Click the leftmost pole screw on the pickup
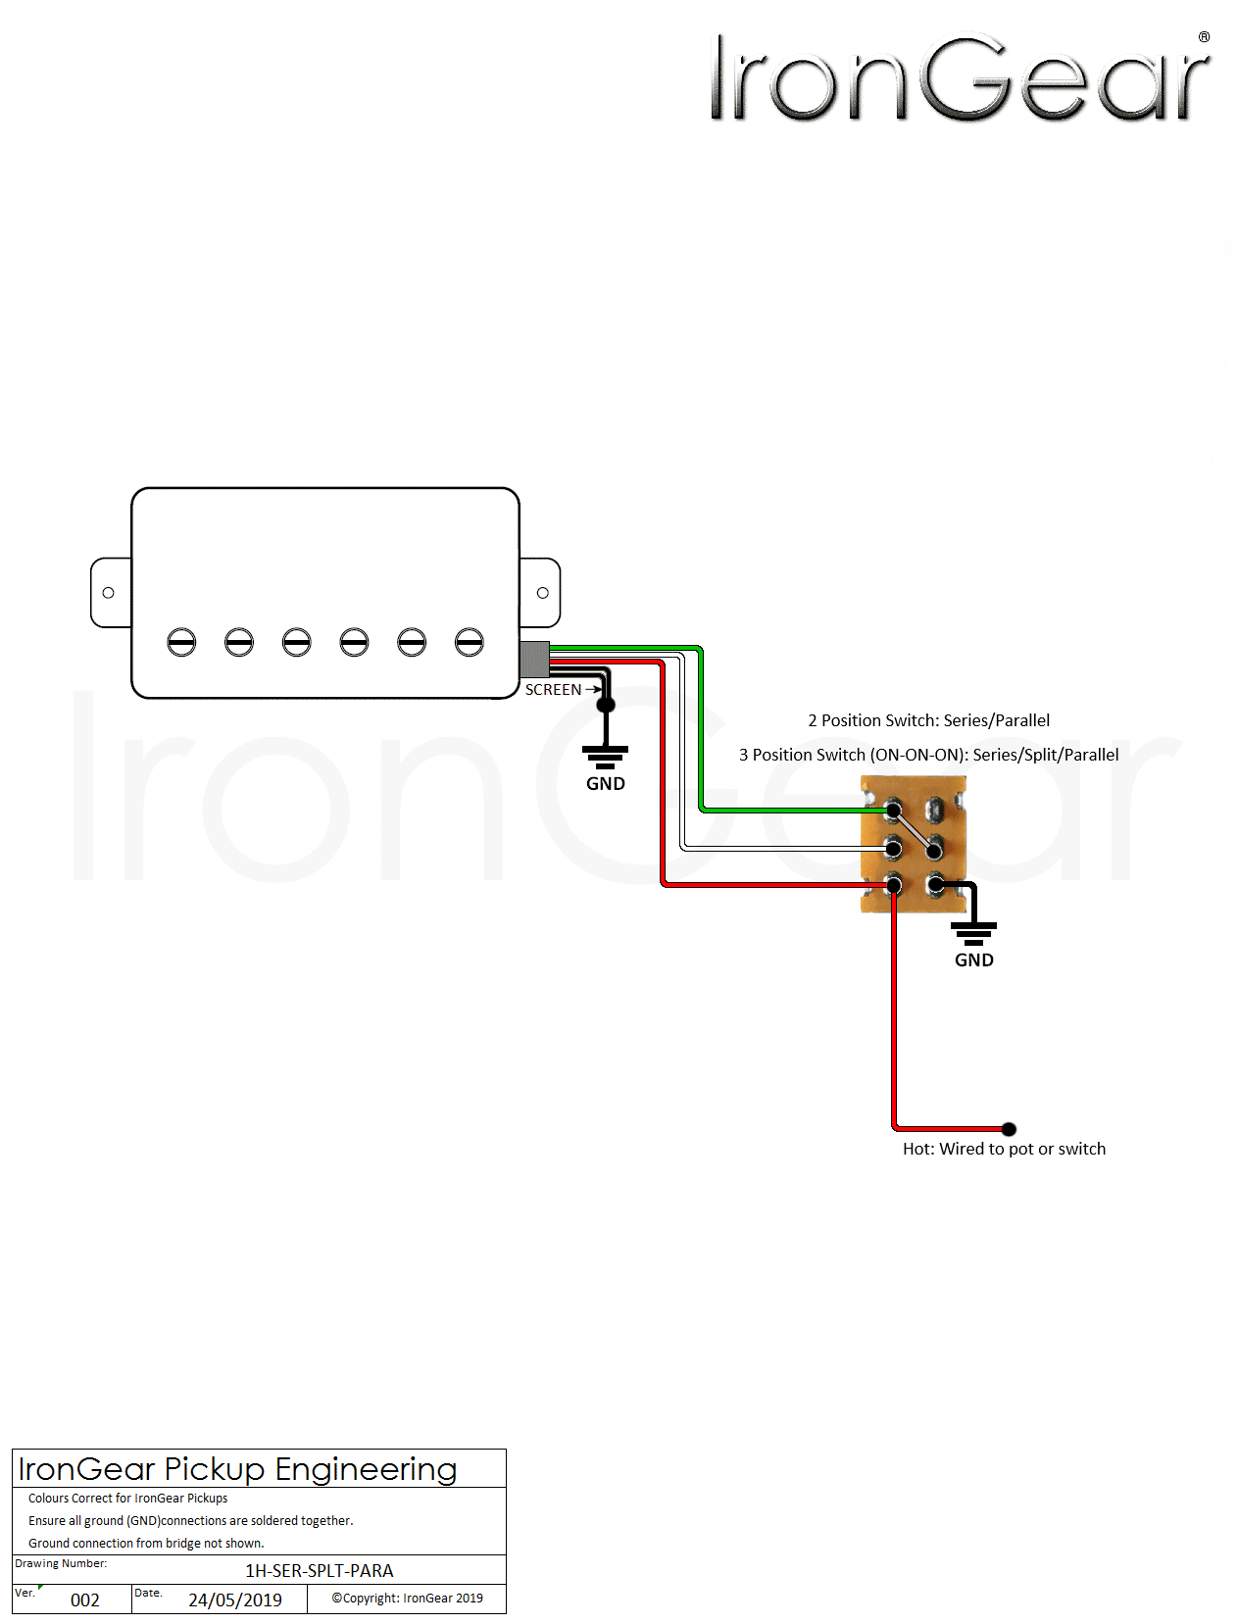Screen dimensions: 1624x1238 pos(181,642)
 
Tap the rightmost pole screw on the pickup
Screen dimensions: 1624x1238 pos(470,642)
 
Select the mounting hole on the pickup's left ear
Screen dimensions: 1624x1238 pos(108,593)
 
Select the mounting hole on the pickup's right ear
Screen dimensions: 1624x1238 pos(542,593)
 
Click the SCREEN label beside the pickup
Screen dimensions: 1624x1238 pos(553,690)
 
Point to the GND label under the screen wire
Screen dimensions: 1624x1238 pos(605,784)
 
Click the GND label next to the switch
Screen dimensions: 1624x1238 pos(973,960)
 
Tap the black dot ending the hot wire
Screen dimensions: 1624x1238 pos(1009,1129)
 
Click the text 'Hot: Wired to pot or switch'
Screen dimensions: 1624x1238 pos(1004,1149)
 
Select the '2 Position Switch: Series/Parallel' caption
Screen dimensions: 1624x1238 pos(928,720)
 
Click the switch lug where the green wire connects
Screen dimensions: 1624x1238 pos(893,811)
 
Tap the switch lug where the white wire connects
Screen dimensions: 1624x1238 pos(893,848)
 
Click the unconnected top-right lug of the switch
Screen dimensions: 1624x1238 pos(935,810)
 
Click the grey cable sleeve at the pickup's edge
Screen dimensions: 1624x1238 pos(534,660)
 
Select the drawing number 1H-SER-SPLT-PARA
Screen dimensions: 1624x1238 pos(319,1571)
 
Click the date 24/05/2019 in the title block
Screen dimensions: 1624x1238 pos(235,1600)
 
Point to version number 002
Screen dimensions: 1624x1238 pos(85,1600)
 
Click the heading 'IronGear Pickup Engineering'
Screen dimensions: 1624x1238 pos(237,1469)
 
